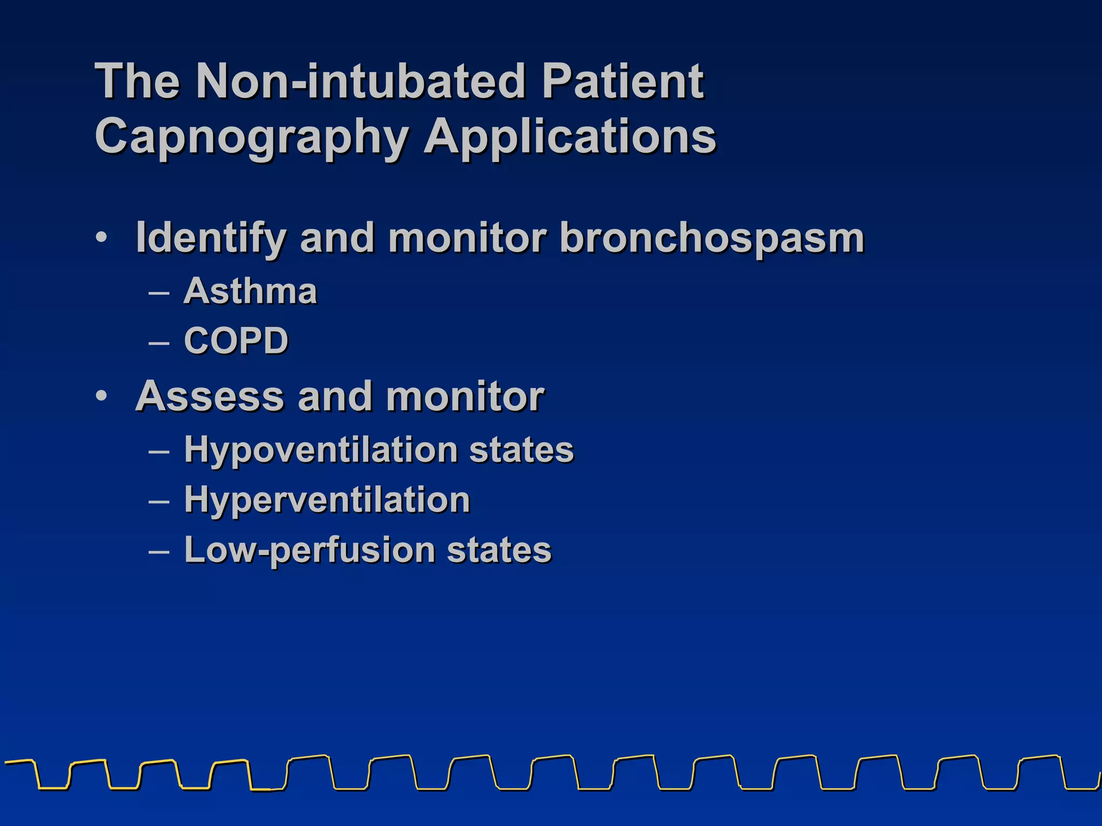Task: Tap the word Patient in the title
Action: [x=623, y=81]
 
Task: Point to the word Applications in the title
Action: [x=570, y=137]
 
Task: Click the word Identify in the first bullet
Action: [x=210, y=238]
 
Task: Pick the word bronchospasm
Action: [x=711, y=238]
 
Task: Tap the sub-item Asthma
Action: [x=250, y=291]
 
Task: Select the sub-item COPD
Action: [x=236, y=340]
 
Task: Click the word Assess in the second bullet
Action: [x=209, y=396]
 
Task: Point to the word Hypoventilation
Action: [x=321, y=450]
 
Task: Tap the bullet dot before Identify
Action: [x=102, y=237]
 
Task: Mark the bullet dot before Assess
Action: [x=102, y=396]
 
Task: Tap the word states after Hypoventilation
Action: [x=521, y=450]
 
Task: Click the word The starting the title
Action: [x=137, y=81]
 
